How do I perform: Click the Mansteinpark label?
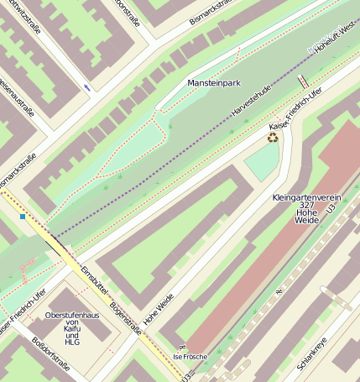[215, 84]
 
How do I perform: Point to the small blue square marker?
[23, 217]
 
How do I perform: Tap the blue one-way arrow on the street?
[88, 87]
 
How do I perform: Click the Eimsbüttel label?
[94, 280]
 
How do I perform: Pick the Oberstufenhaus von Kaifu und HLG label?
[73, 328]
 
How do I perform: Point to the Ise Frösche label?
[188, 357]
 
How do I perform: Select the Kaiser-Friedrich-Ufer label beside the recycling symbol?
[297, 113]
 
